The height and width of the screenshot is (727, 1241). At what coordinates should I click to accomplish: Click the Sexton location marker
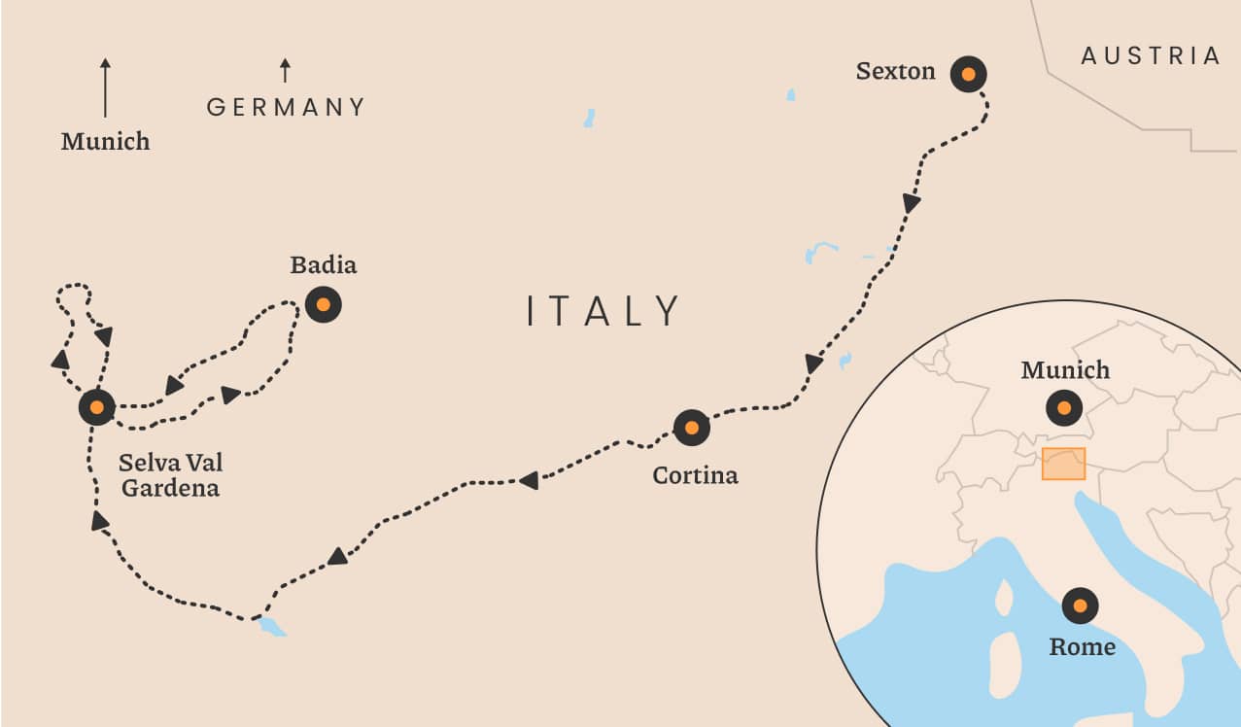click(x=968, y=74)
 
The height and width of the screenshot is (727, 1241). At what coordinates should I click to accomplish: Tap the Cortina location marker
click(x=691, y=427)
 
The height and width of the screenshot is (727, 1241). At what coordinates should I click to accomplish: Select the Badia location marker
click(x=323, y=305)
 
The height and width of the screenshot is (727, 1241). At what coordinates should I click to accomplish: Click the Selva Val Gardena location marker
click(x=96, y=407)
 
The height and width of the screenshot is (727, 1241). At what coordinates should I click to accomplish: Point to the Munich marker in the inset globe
click(x=1064, y=407)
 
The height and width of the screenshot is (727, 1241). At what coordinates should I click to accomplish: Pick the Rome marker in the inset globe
click(x=1080, y=606)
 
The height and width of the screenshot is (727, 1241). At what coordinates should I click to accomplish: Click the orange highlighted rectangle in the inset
click(x=1063, y=464)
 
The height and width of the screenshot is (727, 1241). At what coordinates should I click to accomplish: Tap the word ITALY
click(x=603, y=311)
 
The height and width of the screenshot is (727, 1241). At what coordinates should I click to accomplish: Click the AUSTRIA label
click(x=1151, y=56)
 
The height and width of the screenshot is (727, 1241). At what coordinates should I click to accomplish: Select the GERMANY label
click(x=287, y=107)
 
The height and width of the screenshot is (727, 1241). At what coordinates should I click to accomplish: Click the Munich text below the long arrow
click(x=105, y=142)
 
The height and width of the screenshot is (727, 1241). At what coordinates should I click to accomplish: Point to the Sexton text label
click(x=895, y=71)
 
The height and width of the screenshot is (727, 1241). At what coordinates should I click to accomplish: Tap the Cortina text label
click(x=695, y=475)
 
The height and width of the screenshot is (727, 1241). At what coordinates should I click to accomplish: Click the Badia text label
click(x=324, y=264)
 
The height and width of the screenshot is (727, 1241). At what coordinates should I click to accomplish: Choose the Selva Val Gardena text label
click(x=169, y=474)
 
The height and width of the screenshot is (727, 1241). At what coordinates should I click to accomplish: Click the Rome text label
click(x=1082, y=646)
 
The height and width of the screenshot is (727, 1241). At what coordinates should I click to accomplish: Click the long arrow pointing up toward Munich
click(x=105, y=87)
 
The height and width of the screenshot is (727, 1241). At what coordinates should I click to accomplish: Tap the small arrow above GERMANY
click(x=285, y=70)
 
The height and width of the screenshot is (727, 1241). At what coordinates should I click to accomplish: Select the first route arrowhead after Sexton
click(x=911, y=202)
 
